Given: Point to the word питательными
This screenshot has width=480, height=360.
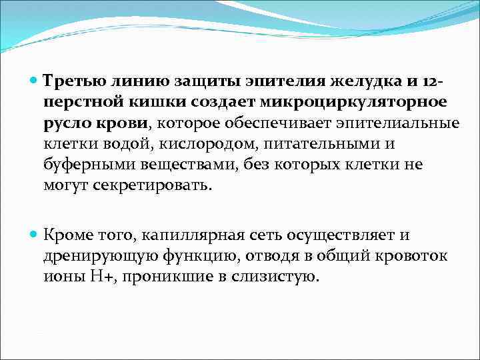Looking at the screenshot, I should coord(319,143).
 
